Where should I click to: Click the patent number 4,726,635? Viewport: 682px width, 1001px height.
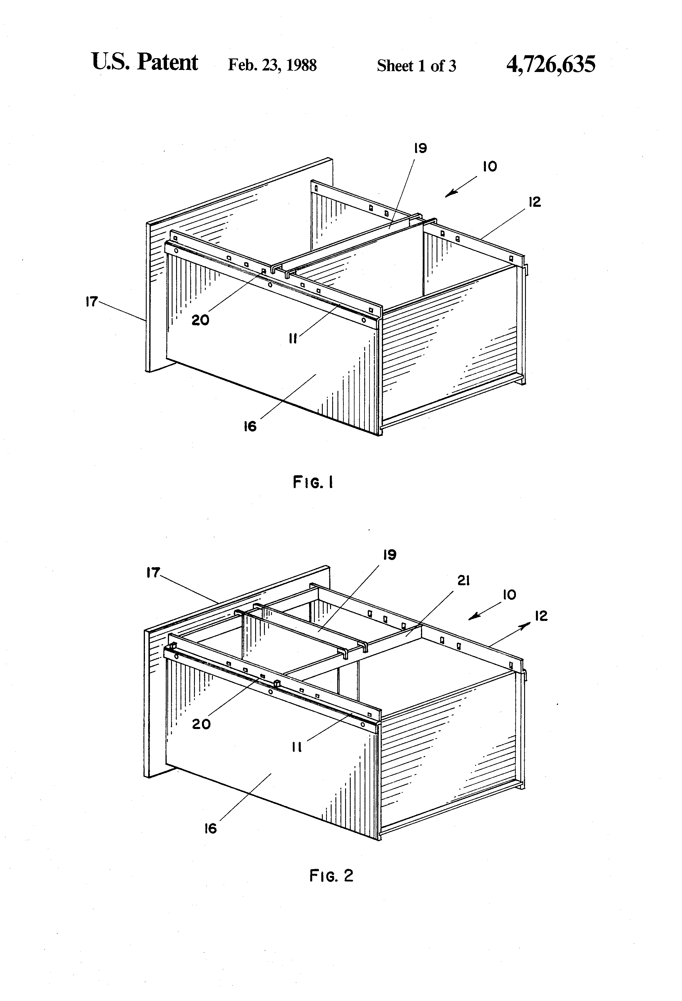551,64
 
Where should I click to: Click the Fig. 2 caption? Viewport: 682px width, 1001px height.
331,876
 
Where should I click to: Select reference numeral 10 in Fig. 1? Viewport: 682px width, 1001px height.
490,167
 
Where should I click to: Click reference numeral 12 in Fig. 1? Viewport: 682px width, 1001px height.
534,202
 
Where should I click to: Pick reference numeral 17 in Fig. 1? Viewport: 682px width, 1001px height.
91,302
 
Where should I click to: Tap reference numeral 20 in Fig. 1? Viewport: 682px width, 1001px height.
200,320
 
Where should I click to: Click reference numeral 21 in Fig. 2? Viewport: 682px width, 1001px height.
463,581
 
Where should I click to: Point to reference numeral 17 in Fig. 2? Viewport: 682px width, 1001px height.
153,573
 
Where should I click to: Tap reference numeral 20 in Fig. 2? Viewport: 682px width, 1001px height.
201,724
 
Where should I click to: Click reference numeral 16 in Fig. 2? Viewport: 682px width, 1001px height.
211,828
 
